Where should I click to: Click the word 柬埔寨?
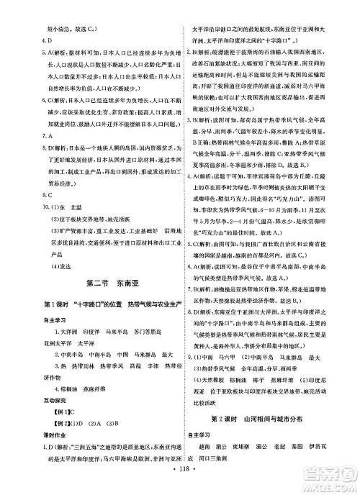259,445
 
